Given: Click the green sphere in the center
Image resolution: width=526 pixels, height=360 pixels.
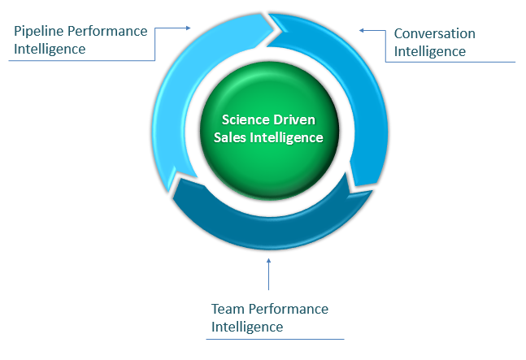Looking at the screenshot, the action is pyautogui.click(x=269, y=131).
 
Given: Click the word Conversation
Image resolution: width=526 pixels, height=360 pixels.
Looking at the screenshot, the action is pyautogui.click(x=434, y=33).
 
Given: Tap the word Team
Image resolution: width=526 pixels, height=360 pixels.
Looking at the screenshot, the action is pyautogui.click(x=228, y=309).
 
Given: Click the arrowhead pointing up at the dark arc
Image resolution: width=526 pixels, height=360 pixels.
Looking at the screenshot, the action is pyautogui.click(x=268, y=260).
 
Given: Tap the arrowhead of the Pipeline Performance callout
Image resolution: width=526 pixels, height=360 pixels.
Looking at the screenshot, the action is pyautogui.click(x=188, y=28).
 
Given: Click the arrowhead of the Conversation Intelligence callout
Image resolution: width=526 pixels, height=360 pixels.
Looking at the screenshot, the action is pyautogui.click(x=362, y=31).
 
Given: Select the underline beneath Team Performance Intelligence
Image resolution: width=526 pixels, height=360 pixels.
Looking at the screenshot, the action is pyautogui.click(x=275, y=339).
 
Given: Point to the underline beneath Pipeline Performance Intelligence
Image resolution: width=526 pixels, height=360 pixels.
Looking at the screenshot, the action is pyautogui.click(x=81, y=61).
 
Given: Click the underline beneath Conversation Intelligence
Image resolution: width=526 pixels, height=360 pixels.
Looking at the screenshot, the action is pyautogui.click(x=450, y=62).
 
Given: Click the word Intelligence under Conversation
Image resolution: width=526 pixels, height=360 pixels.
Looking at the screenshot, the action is pyautogui.click(x=430, y=52).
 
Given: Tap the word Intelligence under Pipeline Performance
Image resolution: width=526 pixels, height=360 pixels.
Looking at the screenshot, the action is pyautogui.click(x=50, y=50).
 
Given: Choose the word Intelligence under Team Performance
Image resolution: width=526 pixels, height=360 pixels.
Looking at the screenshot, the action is pyautogui.click(x=247, y=327).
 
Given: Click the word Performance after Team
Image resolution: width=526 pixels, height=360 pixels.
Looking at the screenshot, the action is pyautogui.click(x=289, y=309).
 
